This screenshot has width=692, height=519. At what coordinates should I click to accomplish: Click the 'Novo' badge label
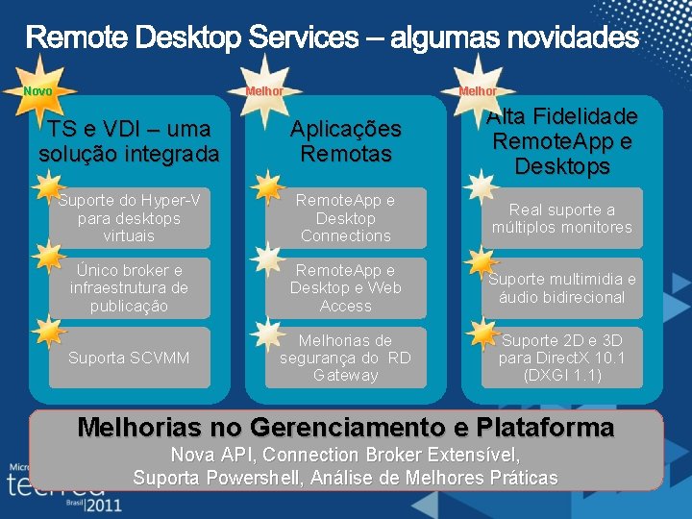[x=37, y=91]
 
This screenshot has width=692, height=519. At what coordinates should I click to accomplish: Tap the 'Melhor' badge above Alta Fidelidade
[x=478, y=91]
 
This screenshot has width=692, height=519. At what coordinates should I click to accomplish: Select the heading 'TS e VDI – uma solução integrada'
[x=129, y=140]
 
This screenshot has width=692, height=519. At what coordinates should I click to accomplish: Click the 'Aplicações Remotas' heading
[x=345, y=141]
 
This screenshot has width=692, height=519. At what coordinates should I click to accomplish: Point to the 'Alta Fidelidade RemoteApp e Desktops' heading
[x=561, y=141]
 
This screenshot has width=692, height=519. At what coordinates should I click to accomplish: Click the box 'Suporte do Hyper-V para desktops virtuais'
[x=129, y=218]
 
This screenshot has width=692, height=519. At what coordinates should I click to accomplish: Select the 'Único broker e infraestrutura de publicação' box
[x=129, y=287]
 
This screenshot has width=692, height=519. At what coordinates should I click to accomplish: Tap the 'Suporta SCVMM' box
[x=129, y=358]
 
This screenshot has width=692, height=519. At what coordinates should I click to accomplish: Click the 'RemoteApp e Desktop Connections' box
[x=345, y=218]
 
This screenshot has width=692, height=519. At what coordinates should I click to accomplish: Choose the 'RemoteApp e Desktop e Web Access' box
[x=345, y=287]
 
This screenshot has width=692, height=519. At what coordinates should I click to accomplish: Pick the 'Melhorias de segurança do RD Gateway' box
[x=345, y=358]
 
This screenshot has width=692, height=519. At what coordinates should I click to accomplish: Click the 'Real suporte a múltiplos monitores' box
[x=561, y=218]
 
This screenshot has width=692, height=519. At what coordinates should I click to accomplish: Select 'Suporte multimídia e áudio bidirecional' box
[x=561, y=287]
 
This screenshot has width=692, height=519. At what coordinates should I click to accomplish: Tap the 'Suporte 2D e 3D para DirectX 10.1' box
[x=561, y=358]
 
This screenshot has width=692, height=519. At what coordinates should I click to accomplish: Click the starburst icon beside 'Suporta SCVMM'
[x=47, y=331]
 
